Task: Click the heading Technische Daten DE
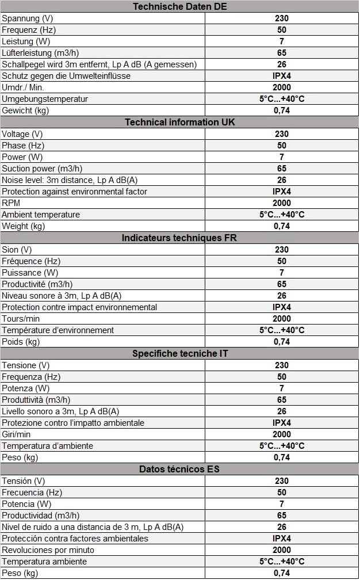tap(179, 6)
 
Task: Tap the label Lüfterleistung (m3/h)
tap(40, 53)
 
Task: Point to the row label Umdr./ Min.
tap(23, 87)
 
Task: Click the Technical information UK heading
tap(179, 122)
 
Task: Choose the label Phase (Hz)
tap(23, 146)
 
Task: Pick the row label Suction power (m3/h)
tap(42, 169)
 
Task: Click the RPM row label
tap(11, 203)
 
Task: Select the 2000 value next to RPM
tap(282, 203)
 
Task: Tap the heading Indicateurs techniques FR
tap(179, 238)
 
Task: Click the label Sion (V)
tap(17, 250)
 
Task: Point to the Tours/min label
tap(21, 319)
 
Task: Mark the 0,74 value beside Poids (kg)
tap(282, 342)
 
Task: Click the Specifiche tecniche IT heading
tap(179, 354)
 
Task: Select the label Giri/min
tap(16, 434)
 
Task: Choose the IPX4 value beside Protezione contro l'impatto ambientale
tap(282, 423)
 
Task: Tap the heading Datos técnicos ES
tap(179, 469)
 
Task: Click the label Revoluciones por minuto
tap(48, 550)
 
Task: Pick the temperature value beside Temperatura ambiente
tap(282, 562)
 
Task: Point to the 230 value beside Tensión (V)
tap(282, 481)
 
